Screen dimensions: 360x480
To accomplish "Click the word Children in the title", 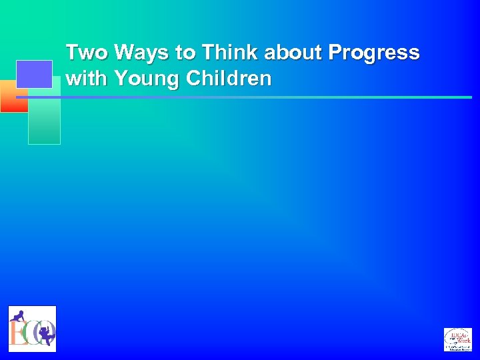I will pyautogui.click(x=229, y=79).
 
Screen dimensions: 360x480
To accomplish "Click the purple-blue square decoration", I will pyautogui.click(x=34, y=73).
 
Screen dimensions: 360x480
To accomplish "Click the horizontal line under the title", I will pyautogui.click(x=267, y=97).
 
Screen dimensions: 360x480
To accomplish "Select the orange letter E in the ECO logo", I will pyautogui.click(x=18, y=332).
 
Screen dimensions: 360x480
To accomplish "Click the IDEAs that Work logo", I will pyautogui.click(x=457, y=339).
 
